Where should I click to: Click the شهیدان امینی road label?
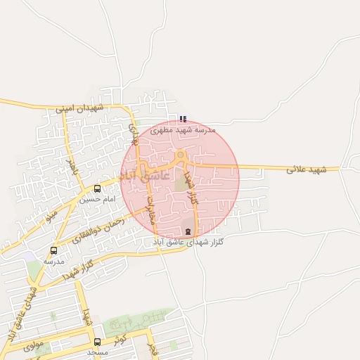tap(79, 108)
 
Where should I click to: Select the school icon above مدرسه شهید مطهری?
tap(183, 120)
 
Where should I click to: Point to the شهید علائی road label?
tap(307, 169)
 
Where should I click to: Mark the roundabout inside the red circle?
tap(181, 155)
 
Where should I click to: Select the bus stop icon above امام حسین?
tap(97, 188)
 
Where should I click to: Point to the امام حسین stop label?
tap(95, 200)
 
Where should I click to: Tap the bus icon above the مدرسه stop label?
tap(54, 250)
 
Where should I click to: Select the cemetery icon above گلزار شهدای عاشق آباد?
tap(187, 231)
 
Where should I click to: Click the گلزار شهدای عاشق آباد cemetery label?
tap(188, 242)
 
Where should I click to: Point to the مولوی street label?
tap(33, 346)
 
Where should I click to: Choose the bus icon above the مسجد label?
tap(97, 342)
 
